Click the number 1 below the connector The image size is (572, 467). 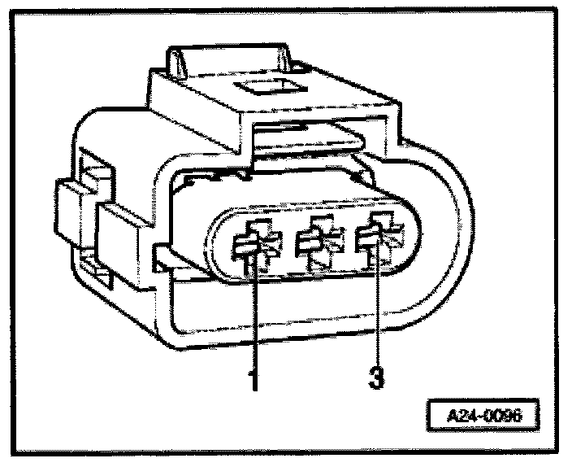[x=254, y=379]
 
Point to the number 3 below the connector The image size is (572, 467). [x=376, y=379]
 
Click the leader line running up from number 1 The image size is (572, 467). [x=256, y=317]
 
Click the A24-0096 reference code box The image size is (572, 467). [x=483, y=416]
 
